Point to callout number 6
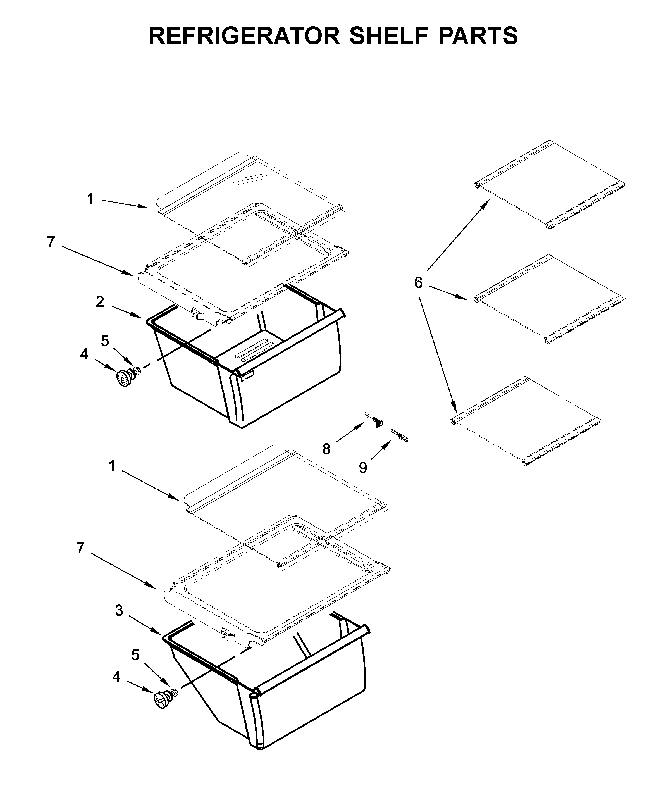coord(418,283)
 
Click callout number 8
coord(326,449)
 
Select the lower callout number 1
coord(112,466)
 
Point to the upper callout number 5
coord(105,341)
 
